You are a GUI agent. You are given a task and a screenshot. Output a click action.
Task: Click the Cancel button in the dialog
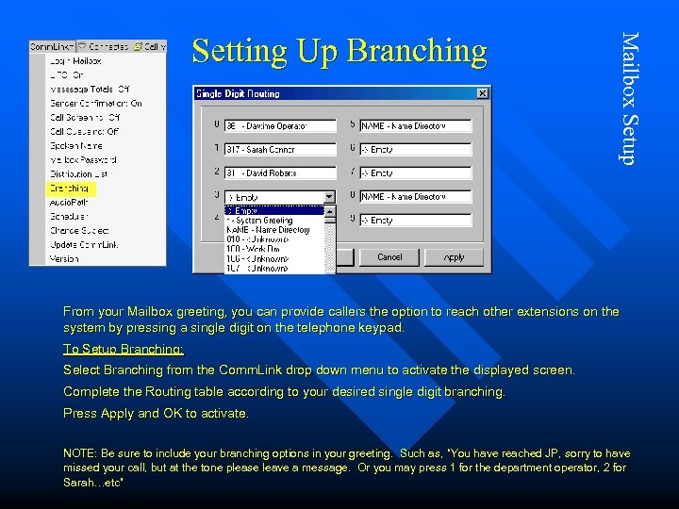click(389, 257)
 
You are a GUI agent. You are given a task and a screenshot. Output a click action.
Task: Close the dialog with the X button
click(482, 93)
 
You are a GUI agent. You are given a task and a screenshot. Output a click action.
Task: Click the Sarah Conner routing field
click(280, 150)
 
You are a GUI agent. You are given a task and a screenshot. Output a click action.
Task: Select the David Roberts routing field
click(280, 173)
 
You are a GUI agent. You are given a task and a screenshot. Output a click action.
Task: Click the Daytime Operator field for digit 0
click(280, 126)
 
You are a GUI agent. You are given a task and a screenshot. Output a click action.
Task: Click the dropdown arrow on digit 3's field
click(329, 197)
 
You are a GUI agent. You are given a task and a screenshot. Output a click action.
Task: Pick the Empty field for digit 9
click(415, 221)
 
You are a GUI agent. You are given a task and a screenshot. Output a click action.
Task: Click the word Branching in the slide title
click(416, 51)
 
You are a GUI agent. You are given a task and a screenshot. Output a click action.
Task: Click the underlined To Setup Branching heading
click(123, 349)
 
